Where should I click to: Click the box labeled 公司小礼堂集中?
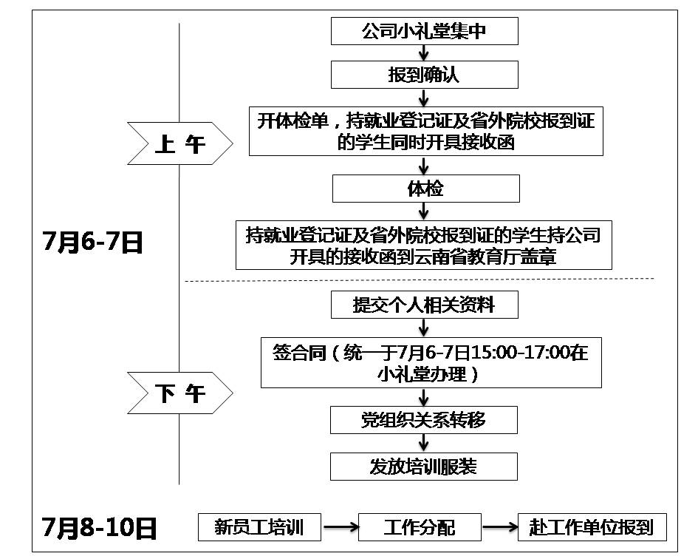[x=424, y=32]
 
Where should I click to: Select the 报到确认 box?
[x=424, y=75]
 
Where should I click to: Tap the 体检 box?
[x=424, y=189]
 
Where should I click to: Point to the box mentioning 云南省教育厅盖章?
[x=424, y=246]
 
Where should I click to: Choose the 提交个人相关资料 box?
[x=424, y=305]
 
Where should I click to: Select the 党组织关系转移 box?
[x=424, y=420]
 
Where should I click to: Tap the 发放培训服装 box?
[x=424, y=467]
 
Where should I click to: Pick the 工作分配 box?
[x=420, y=527]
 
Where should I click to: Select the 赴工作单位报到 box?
[x=592, y=527]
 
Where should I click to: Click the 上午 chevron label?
[x=179, y=143]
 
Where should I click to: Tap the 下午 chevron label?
[x=179, y=393]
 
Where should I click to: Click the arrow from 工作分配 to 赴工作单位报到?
[x=500, y=527]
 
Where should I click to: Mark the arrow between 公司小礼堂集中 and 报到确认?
[x=424, y=53]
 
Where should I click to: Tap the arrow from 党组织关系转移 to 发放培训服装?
[x=424, y=443]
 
